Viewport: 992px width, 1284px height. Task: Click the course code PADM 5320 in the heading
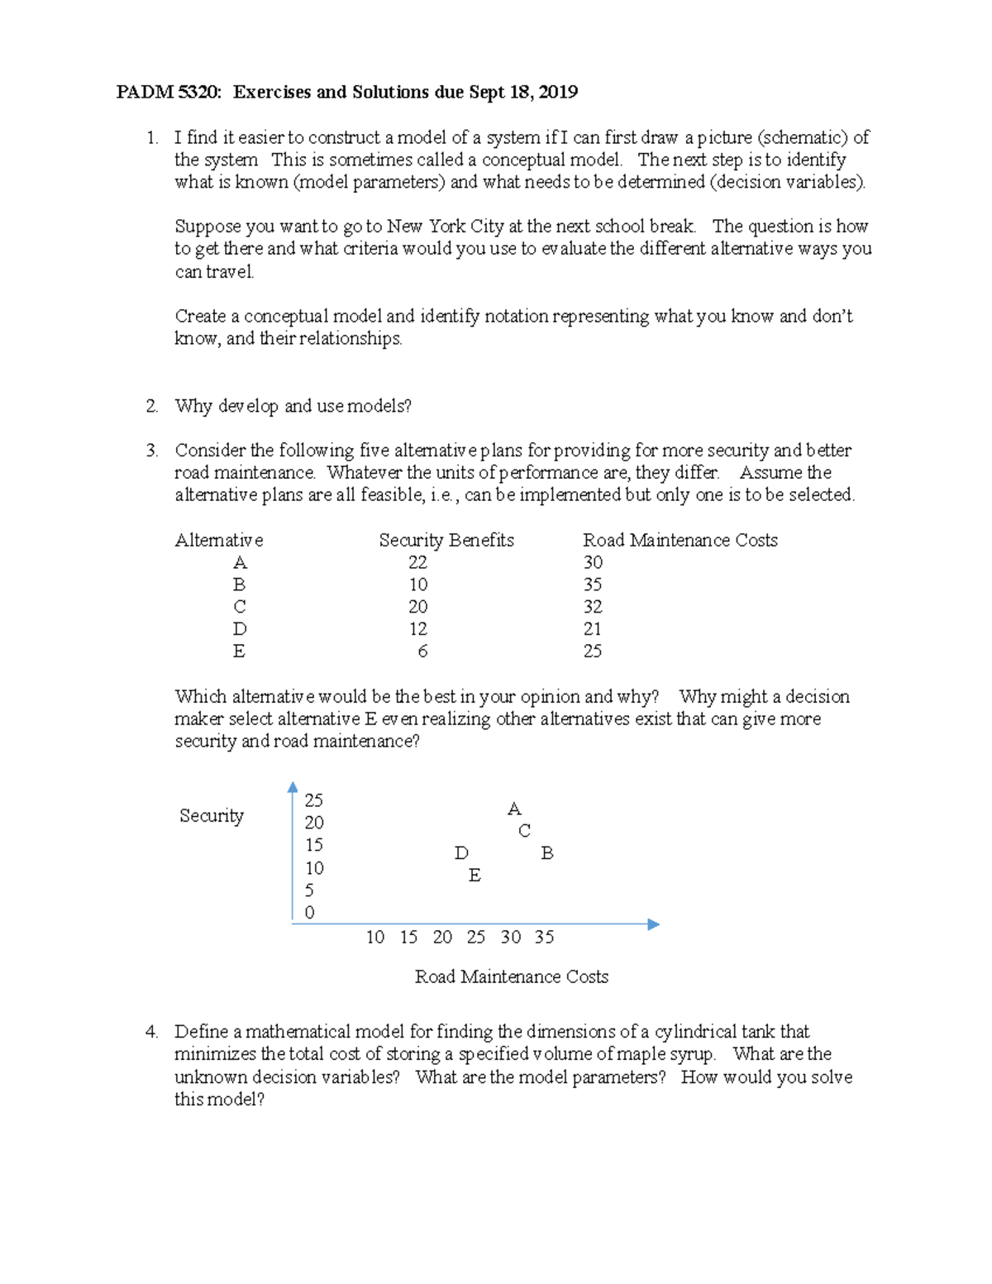click(x=169, y=92)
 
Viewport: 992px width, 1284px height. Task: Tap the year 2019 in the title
click(x=558, y=92)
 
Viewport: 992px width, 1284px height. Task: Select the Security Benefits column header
click(x=446, y=540)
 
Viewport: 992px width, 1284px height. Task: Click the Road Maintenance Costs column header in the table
click(x=680, y=540)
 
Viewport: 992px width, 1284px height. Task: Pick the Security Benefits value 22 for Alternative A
click(x=417, y=562)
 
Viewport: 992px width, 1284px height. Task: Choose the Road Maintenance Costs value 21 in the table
click(x=592, y=629)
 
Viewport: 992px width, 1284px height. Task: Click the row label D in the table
click(x=240, y=629)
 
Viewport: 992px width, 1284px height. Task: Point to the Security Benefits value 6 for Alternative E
click(x=422, y=652)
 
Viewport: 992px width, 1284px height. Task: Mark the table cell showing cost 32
click(x=592, y=607)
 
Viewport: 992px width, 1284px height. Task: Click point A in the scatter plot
click(x=514, y=809)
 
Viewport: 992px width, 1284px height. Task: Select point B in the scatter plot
click(x=546, y=853)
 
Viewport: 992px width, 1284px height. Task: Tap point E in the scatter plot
click(x=475, y=876)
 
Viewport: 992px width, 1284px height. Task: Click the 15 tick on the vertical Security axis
click(x=313, y=845)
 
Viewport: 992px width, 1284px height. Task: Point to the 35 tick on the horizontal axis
click(x=544, y=937)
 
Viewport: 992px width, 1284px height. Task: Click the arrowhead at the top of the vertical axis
click(x=293, y=787)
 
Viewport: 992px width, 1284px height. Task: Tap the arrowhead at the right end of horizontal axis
click(x=653, y=924)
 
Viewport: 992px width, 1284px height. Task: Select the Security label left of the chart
click(x=212, y=816)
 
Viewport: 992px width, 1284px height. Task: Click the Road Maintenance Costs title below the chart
click(x=511, y=976)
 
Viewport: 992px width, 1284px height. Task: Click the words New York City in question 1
click(x=445, y=227)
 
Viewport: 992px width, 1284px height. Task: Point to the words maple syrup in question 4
click(x=667, y=1054)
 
